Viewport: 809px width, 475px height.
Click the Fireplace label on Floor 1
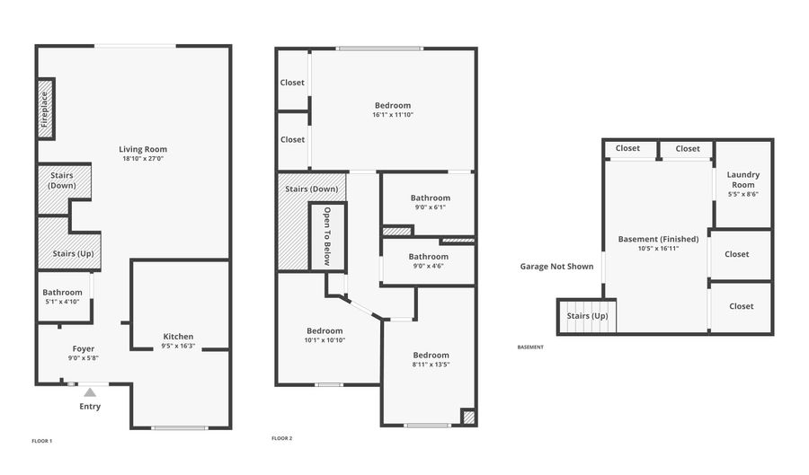point(43,109)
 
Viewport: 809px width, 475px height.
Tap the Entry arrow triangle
point(90,392)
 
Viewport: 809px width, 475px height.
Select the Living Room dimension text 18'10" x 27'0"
point(143,159)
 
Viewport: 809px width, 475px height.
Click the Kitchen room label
point(178,337)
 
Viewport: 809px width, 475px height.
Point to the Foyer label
point(84,348)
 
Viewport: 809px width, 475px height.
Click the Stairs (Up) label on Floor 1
point(69,253)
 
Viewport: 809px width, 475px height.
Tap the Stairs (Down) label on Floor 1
point(63,180)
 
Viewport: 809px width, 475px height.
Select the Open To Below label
point(327,237)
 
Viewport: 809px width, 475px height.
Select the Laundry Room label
point(742,180)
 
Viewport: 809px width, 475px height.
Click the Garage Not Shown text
point(556,267)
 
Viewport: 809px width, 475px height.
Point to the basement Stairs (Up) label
point(587,316)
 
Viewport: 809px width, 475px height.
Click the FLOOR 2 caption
point(281,439)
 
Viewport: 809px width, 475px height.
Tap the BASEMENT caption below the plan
point(530,347)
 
